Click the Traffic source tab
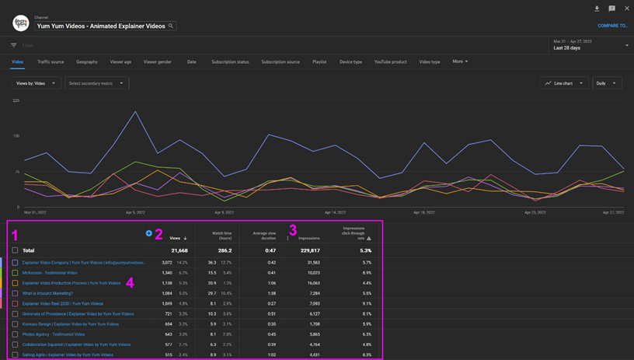click(x=51, y=61)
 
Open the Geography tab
click(x=87, y=61)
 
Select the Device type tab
click(x=350, y=61)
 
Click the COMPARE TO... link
click(x=612, y=26)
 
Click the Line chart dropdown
click(x=564, y=83)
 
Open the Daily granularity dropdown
click(x=606, y=83)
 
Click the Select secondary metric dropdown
click(x=96, y=83)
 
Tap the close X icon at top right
click(x=627, y=9)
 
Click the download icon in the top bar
click(x=597, y=9)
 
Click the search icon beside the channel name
click(x=171, y=26)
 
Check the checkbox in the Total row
click(x=15, y=250)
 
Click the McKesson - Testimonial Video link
click(x=50, y=273)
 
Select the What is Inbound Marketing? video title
click(x=47, y=293)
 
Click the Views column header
click(x=176, y=238)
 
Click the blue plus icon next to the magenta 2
click(x=148, y=233)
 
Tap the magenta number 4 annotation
click(x=130, y=283)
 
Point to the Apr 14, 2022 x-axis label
click(x=335, y=212)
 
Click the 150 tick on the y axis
click(x=16, y=136)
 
